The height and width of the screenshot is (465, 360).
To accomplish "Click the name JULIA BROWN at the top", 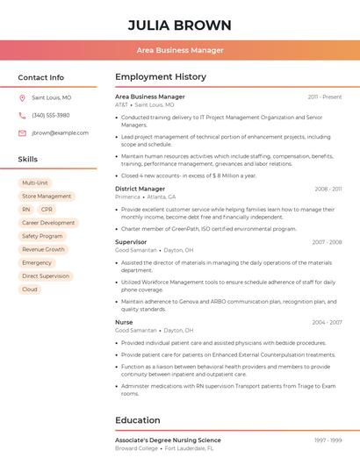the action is [180, 25].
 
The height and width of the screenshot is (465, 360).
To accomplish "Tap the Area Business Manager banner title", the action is [180, 50].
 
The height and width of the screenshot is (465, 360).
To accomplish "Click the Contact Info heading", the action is [40, 77].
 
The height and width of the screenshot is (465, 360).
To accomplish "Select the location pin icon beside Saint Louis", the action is [22, 98].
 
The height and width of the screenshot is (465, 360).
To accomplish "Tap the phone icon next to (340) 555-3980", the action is [22, 116].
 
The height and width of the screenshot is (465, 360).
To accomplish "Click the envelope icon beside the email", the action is [22, 133].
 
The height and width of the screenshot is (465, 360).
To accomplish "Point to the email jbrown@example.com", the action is [60, 133].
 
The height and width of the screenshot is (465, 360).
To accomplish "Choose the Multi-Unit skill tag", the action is [35, 183].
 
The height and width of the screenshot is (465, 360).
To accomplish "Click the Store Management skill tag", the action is [47, 197].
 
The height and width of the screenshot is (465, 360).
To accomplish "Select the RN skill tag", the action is [26, 210].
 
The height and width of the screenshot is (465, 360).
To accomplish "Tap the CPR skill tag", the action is [47, 210].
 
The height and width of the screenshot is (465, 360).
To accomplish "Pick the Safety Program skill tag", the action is [42, 236].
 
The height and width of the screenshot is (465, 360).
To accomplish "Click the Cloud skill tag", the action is [30, 289].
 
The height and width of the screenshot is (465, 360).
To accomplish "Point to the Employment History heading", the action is [161, 77].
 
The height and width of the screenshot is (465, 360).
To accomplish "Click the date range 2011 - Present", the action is [325, 97].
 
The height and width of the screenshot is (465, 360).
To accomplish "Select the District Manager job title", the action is [140, 189].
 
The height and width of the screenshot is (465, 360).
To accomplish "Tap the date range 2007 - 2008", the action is [327, 242].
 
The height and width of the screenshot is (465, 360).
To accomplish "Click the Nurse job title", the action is [124, 322].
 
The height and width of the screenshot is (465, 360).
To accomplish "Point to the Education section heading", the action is [137, 420].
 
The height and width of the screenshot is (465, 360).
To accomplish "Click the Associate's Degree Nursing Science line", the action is [168, 440].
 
